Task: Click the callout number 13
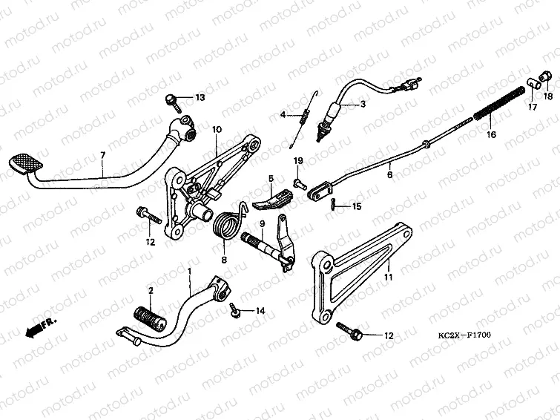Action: (x=200, y=98)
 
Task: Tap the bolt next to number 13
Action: (x=172, y=98)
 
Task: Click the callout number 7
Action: (x=103, y=155)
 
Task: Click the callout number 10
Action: (x=217, y=130)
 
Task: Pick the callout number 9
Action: (x=262, y=224)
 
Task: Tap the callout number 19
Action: (x=297, y=161)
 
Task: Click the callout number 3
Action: (x=363, y=105)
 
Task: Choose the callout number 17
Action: (x=531, y=108)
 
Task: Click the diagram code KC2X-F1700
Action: (x=463, y=335)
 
